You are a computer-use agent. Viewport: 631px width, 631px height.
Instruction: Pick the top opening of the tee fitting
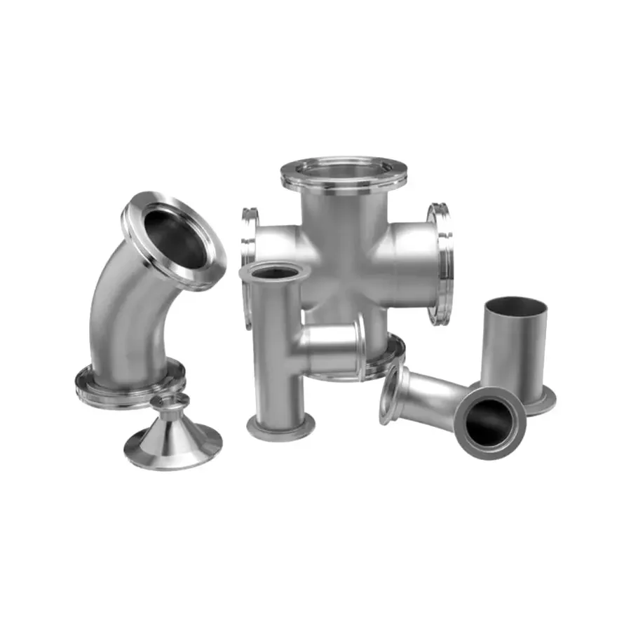pos(273,271)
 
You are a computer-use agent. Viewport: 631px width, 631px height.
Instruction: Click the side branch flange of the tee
pos(360,347)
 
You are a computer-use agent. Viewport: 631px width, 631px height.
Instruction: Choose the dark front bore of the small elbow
pos(489,423)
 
